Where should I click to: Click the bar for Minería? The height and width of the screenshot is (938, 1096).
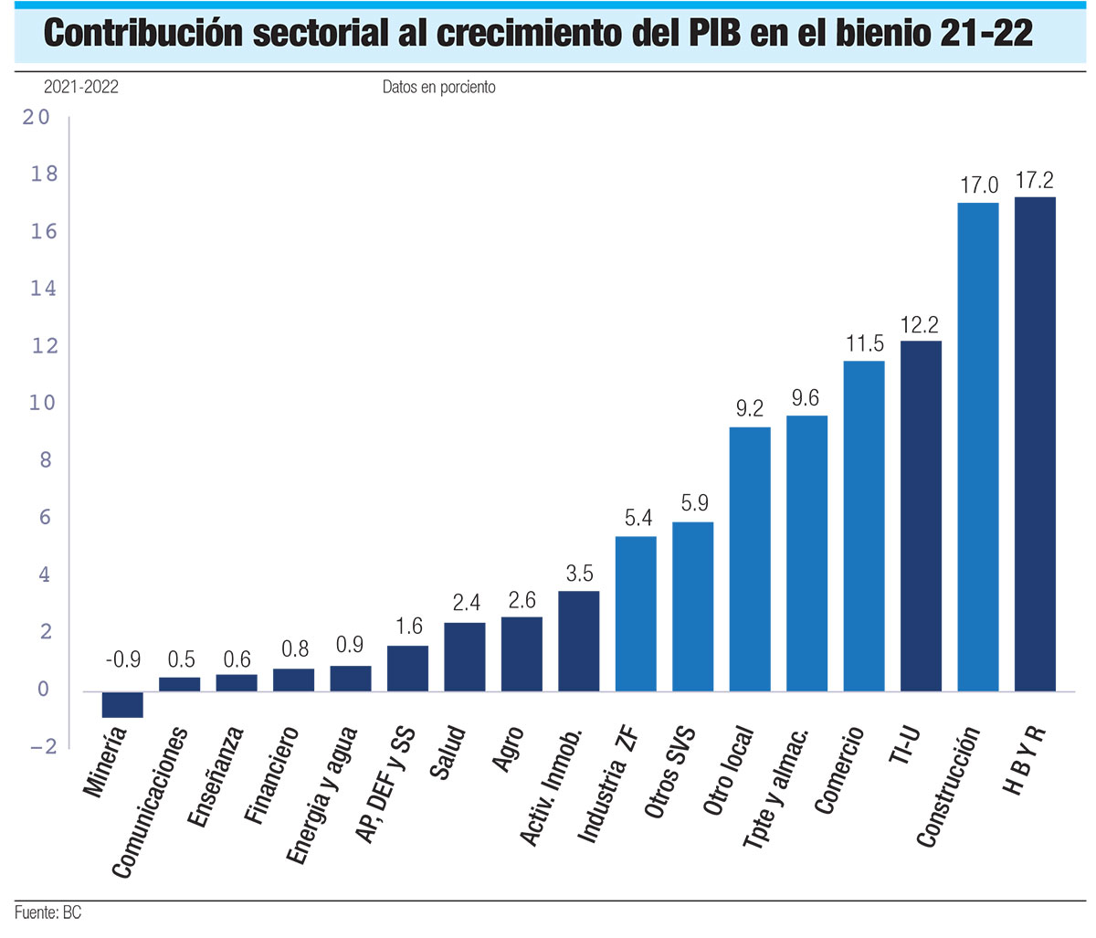[x=122, y=704]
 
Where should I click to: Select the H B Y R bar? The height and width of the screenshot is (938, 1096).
[x=1035, y=444]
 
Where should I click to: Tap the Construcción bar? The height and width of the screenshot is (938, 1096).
[x=977, y=447]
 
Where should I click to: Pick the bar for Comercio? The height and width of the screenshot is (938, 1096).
[x=863, y=526]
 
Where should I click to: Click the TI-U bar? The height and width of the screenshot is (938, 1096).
[x=921, y=516]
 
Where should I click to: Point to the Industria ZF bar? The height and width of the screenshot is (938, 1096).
[x=636, y=614]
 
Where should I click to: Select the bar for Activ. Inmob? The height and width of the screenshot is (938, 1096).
[x=578, y=641]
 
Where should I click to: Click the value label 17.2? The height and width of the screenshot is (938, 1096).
[x=1035, y=181]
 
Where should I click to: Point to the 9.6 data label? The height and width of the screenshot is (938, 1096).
[x=806, y=399]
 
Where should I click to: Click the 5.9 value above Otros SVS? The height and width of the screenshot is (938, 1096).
[x=693, y=503]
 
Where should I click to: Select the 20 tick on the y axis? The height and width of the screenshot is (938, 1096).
[x=37, y=117]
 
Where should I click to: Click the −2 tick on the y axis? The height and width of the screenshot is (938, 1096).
[x=42, y=746]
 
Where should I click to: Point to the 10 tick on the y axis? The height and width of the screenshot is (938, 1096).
[x=42, y=403]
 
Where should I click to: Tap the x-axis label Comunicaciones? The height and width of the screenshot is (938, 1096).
[x=151, y=802]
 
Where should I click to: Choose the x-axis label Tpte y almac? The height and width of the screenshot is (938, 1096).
[x=776, y=788]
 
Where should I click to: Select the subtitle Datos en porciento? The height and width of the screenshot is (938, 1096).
[x=438, y=87]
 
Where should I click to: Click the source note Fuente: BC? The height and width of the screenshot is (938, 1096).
[x=47, y=912]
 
